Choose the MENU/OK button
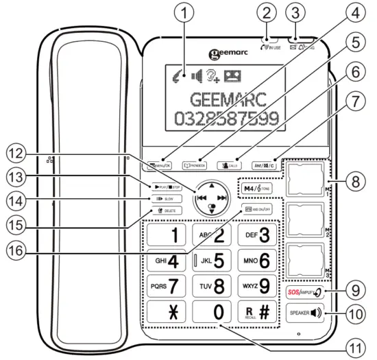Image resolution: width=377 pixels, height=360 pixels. (x=158, y=165)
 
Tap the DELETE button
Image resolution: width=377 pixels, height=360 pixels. (x=165, y=211)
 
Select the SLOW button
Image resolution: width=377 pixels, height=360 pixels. (x=165, y=199)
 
